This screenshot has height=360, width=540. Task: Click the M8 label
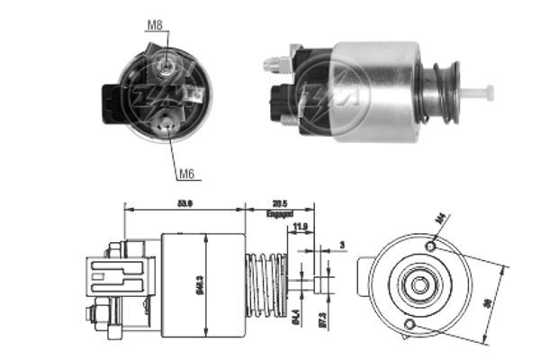click(154, 27)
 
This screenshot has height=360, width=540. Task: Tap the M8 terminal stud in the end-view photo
click(166, 65)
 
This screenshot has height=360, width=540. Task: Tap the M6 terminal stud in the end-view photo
click(168, 126)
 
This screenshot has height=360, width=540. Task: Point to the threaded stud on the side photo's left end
click(272, 65)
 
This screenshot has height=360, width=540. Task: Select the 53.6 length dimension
click(184, 203)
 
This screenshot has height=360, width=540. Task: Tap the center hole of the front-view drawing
click(418, 285)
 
